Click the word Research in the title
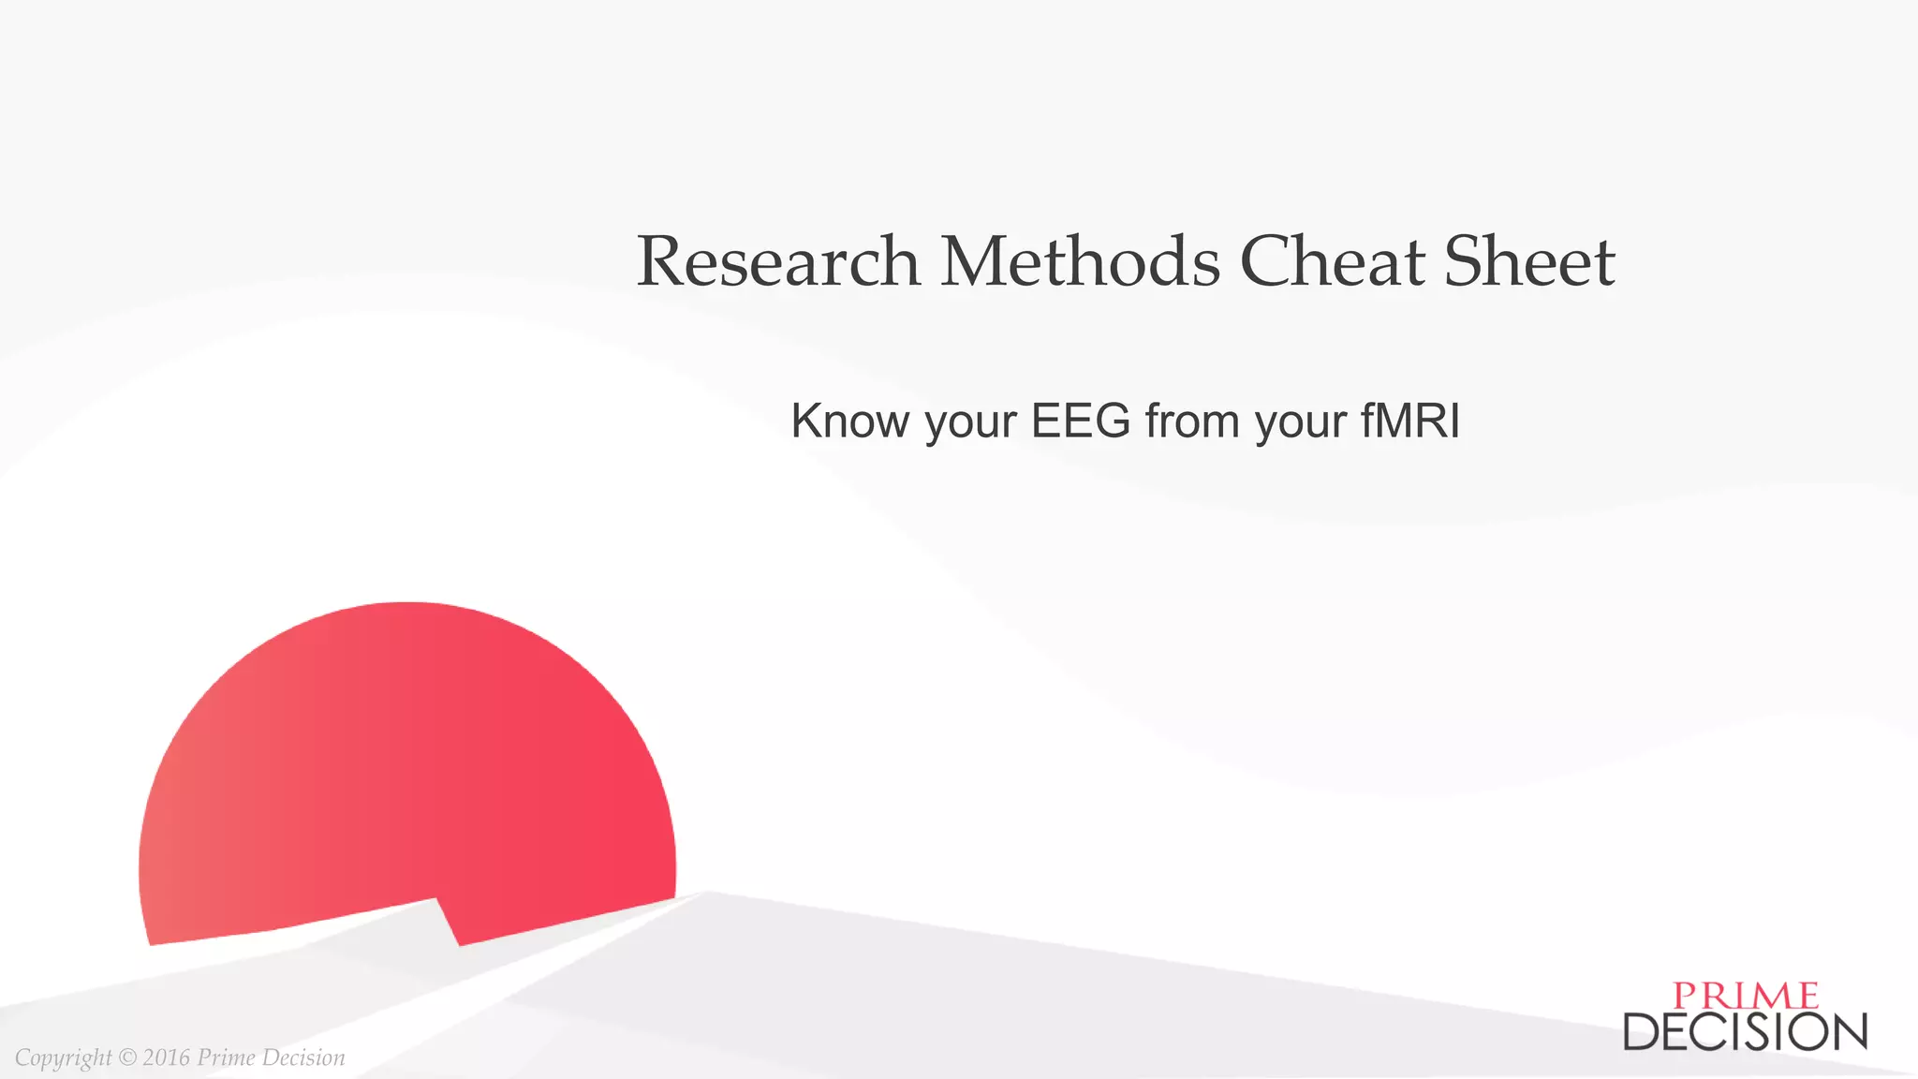(x=778, y=261)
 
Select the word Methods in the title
(x=1081, y=261)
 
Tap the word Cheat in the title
(x=1333, y=261)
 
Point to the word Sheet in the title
(x=1529, y=261)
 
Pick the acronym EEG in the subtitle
(x=1081, y=421)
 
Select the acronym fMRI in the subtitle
(x=1410, y=421)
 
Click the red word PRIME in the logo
(x=1746, y=996)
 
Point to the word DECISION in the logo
(x=1746, y=1031)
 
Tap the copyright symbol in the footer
(x=127, y=1057)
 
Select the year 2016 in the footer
(x=167, y=1057)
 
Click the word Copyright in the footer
(x=63, y=1058)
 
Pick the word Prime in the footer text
(x=226, y=1057)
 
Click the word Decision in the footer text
(x=303, y=1057)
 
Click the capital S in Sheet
(x=1465, y=261)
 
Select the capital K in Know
(x=805, y=421)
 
